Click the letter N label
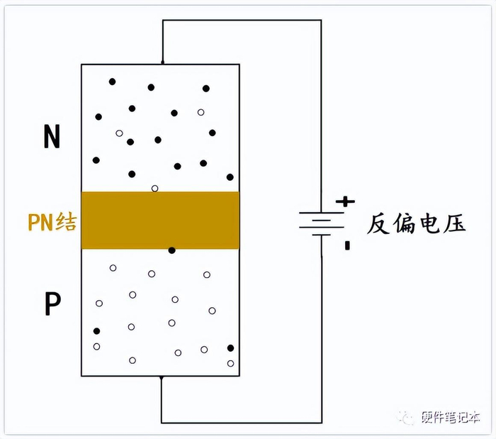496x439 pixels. click(x=51, y=137)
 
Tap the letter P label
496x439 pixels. click(x=52, y=304)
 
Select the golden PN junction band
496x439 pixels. click(x=160, y=220)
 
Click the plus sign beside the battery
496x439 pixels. click(x=345, y=201)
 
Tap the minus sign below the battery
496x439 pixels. click(x=347, y=246)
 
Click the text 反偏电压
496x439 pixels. click(x=417, y=225)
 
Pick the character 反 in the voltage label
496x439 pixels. click(x=379, y=225)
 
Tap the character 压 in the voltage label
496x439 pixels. click(x=455, y=225)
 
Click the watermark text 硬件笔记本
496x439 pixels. click(x=451, y=418)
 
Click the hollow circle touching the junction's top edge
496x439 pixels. click(x=155, y=189)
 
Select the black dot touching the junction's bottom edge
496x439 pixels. click(x=171, y=250)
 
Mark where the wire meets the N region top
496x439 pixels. click(x=162, y=64)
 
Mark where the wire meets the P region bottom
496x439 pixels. click(x=162, y=378)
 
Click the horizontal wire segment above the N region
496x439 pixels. click(x=241, y=20)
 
